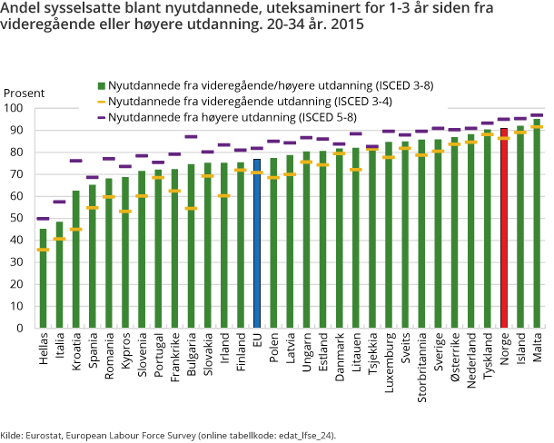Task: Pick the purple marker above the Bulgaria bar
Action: coord(191,137)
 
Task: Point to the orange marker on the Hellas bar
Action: coord(42,250)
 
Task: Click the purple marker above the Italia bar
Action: coord(59,202)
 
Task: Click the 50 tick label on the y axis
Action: coord(17,218)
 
